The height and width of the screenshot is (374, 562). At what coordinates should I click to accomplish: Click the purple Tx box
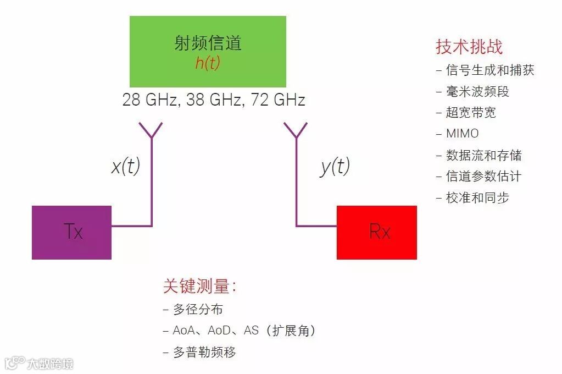(x=71, y=232)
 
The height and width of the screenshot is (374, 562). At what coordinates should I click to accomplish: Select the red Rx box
(x=377, y=232)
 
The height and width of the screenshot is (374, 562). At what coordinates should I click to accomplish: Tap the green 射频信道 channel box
(x=208, y=51)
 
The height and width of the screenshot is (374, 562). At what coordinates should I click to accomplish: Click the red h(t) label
(x=208, y=63)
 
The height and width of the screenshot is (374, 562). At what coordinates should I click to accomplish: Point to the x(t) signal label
(x=126, y=167)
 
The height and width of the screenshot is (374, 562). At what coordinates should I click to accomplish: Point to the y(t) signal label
(x=335, y=167)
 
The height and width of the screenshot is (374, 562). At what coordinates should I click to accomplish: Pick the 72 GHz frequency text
(x=278, y=100)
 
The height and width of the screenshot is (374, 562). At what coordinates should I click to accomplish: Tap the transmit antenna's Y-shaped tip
(x=151, y=130)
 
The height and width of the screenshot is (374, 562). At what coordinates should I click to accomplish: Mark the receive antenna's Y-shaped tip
(x=297, y=130)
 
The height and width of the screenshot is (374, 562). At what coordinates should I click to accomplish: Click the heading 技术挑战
(x=469, y=47)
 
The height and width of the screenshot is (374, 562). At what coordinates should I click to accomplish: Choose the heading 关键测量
(x=199, y=286)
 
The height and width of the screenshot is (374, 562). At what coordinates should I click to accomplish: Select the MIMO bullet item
(x=462, y=134)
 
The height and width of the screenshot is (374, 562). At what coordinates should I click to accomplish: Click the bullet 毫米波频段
(x=477, y=91)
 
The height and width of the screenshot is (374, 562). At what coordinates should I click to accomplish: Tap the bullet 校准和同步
(x=477, y=197)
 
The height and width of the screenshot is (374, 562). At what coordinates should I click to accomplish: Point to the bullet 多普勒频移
(x=204, y=353)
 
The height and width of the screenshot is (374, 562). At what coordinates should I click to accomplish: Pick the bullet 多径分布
(x=198, y=310)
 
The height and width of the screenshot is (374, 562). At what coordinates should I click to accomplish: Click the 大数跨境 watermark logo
(x=38, y=364)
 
